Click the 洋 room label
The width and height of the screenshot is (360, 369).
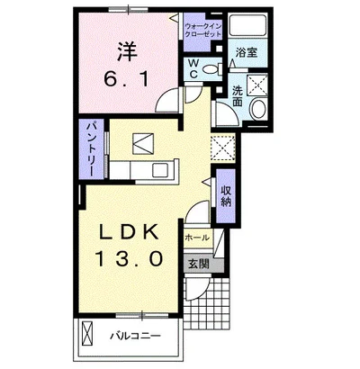(126, 51)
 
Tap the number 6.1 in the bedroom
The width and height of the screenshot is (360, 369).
(126, 80)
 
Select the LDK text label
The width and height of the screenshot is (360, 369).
(130, 232)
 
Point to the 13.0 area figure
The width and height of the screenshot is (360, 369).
(130, 258)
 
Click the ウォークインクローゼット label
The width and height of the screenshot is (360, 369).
(203, 30)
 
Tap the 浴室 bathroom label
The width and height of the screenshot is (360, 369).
(247, 53)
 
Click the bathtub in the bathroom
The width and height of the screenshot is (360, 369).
(247, 25)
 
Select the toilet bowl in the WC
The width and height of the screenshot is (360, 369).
(211, 69)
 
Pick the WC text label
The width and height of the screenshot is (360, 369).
(193, 68)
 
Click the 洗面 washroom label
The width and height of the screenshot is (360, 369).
(238, 96)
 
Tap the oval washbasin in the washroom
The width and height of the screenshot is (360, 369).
(258, 109)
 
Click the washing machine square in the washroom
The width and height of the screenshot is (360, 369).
(256, 85)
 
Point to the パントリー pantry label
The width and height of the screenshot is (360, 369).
(92, 149)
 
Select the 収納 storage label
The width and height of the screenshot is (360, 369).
(226, 196)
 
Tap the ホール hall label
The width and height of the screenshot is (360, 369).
(197, 238)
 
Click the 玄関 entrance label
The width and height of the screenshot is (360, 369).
(199, 265)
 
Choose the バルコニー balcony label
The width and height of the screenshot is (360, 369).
(135, 336)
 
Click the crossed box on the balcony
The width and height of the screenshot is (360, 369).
(88, 334)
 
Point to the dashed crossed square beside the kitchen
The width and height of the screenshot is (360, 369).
(223, 148)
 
